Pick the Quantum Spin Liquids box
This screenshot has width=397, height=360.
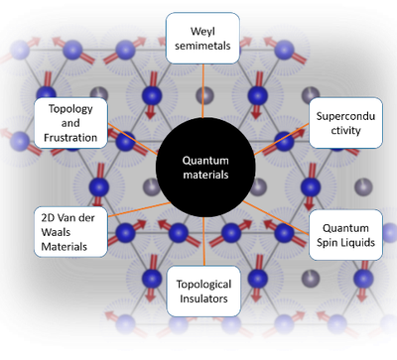(x=344, y=234)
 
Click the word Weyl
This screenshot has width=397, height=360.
(x=204, y=28)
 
